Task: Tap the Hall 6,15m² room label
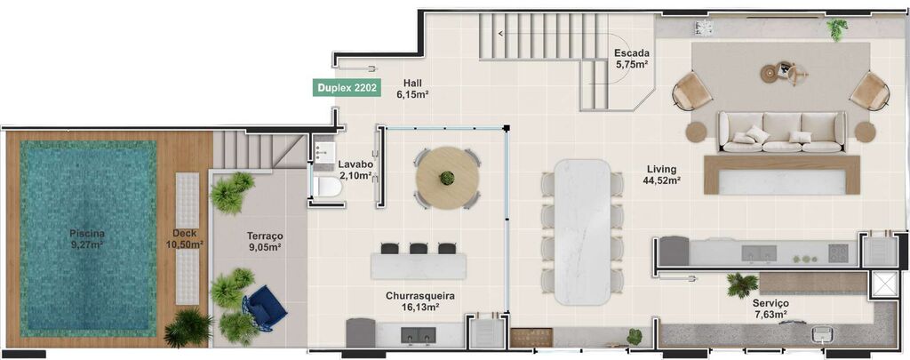click(x=412, y=87)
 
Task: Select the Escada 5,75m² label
click(x=630, y=58)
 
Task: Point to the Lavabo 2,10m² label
click(x=355, y=170)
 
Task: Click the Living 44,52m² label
click(x=662, y=174)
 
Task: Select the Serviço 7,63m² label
click(x=767, y=308)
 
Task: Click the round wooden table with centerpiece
click(x=447, y=178)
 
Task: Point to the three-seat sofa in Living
click(x=781, y=132)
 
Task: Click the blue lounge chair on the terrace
click(x=266, y=307)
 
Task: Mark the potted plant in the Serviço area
click(x=741, y=284)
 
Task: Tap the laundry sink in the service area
click(x=823, y=335)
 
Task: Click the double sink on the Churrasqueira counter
click(x=419, y=334)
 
